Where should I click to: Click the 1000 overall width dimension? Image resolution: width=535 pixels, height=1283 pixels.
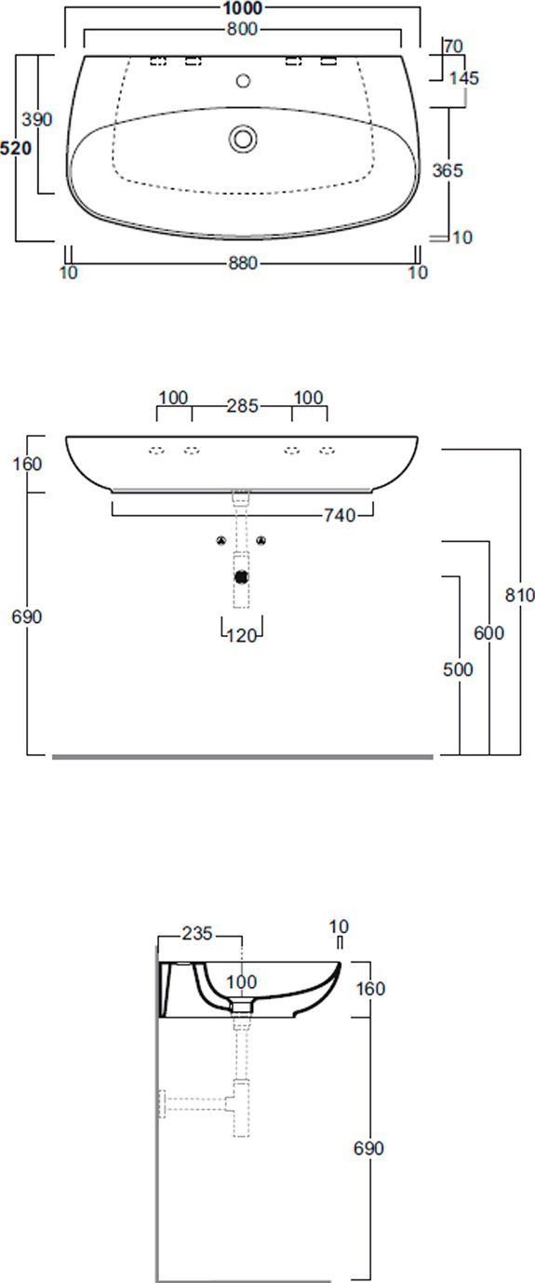point(243,8)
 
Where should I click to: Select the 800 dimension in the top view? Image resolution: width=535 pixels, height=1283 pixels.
point(243,29)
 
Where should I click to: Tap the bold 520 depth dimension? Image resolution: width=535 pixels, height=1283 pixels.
point(16,148)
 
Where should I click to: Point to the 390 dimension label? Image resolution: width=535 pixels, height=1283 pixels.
point(37,119)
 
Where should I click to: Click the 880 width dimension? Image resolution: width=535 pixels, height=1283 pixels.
point(243,263)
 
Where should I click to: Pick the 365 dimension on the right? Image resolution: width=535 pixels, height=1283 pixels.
point(448,170)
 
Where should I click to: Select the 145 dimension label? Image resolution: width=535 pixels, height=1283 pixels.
point(463,78)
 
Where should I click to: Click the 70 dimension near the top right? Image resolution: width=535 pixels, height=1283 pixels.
point(453,47)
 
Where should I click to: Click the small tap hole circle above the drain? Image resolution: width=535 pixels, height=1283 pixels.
point(243,80)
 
